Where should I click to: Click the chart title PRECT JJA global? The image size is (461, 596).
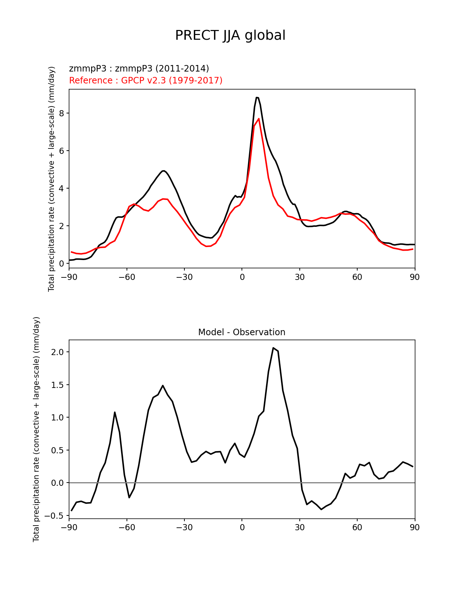coord(230,35)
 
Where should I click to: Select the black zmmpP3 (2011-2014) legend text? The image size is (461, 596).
coord(139,69)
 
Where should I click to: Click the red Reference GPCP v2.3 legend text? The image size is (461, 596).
coord(146,80)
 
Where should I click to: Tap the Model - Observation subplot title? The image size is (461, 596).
coord(242,332)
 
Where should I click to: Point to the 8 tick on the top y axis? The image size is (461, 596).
coord(61,113)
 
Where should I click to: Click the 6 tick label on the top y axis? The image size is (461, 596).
coord(61,151)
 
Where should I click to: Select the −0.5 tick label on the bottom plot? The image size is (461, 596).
coord(54,516)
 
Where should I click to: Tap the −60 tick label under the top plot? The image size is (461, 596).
coord(127,277)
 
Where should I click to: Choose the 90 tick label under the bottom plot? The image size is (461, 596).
coord(415,528)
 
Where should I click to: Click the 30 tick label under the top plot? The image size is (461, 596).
coord(299,277)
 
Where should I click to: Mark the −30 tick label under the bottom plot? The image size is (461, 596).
coord(184,528)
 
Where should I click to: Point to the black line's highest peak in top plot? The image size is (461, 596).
coord(257,98)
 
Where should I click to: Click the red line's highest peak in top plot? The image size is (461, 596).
coord(259,118)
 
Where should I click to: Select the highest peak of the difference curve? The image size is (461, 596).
coord(273,348)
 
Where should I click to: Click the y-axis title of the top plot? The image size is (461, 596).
coord(52,179)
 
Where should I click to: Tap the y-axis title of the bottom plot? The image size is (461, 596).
coord(37,429)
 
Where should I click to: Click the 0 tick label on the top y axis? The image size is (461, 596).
coord(61,264)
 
